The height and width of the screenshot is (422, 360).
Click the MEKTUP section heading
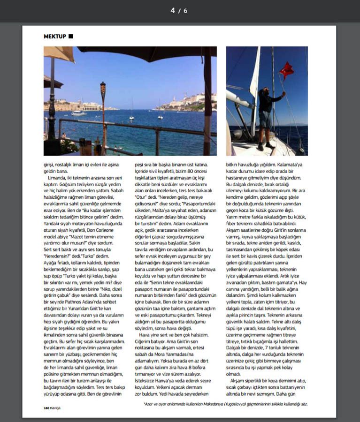54,36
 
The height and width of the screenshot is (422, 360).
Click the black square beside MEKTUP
70,36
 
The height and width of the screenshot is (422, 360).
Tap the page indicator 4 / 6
179,10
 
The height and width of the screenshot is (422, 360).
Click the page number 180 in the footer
46,408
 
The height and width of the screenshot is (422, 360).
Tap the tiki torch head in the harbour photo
103,88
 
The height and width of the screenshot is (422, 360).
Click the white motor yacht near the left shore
79,113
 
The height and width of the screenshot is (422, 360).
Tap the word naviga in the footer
55,408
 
